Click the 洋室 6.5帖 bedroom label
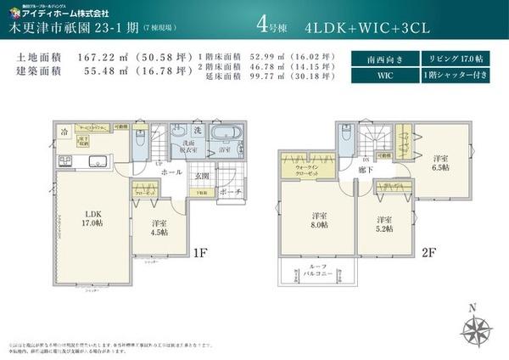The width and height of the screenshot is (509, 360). click(x=439, y=163)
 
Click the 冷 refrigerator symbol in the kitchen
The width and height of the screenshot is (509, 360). click(x=64, y=132)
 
